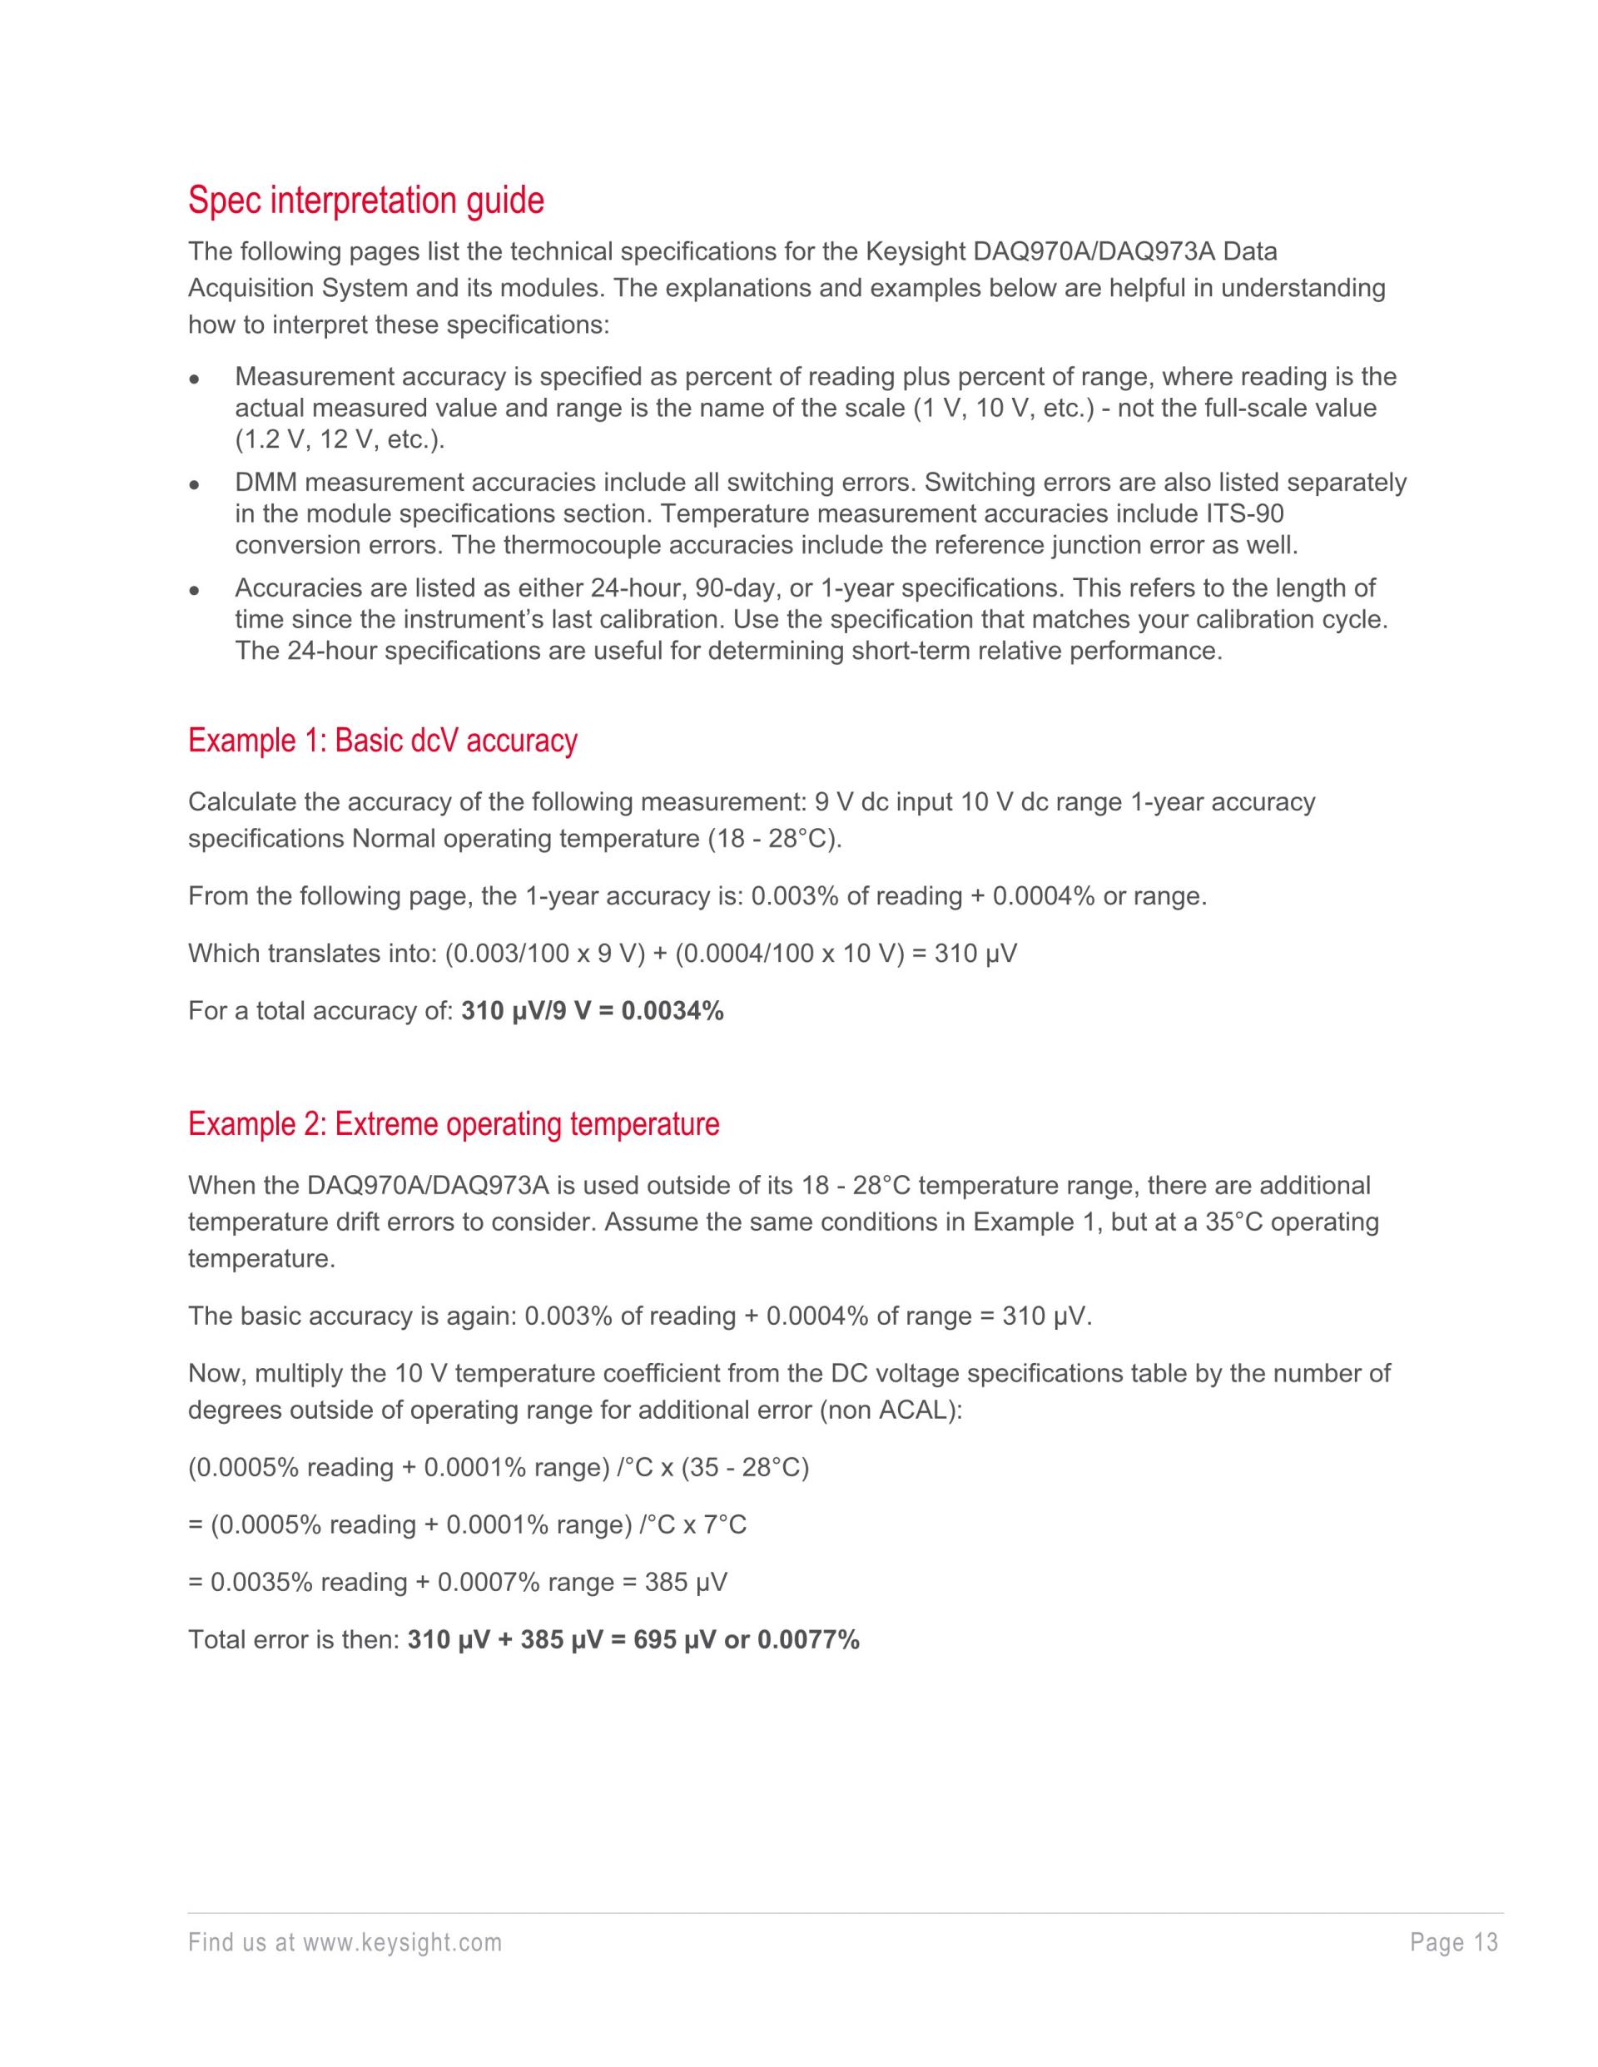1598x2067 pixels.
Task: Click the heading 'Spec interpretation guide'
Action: coord(365,201)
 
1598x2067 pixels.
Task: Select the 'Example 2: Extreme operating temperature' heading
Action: coord(454,1124)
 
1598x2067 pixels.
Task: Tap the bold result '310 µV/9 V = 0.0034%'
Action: coord(592,1011)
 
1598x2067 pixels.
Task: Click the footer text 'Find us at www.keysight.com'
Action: coord(345,1943)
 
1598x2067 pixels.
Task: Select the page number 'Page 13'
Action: coord(1454,1943)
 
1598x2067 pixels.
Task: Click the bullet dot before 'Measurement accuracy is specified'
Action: coord(193,379)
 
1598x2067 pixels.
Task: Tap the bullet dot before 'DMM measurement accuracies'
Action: coord(193,484)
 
